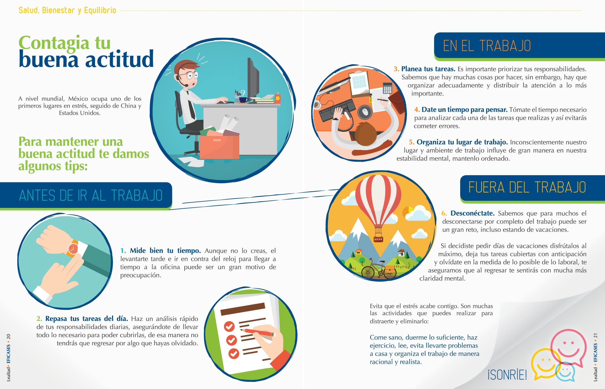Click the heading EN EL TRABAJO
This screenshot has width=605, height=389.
(487, 46)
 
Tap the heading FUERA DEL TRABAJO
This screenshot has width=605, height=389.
(527, 188)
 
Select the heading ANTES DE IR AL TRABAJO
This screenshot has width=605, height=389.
(91, 195)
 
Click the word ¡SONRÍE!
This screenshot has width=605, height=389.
(507, 375)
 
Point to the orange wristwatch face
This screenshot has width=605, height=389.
(73, 248)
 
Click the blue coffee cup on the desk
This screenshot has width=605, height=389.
(243, 100)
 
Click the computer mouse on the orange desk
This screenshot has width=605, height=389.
(365, 112)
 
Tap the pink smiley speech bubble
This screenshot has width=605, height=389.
(568, 347)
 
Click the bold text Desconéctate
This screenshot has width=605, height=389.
(472, 213)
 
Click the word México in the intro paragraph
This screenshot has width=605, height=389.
(78, 99)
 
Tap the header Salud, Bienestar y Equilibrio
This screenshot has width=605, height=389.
(67, 10)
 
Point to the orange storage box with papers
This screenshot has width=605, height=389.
(219, 146)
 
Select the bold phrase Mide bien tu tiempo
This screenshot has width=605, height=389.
(165, 251)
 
